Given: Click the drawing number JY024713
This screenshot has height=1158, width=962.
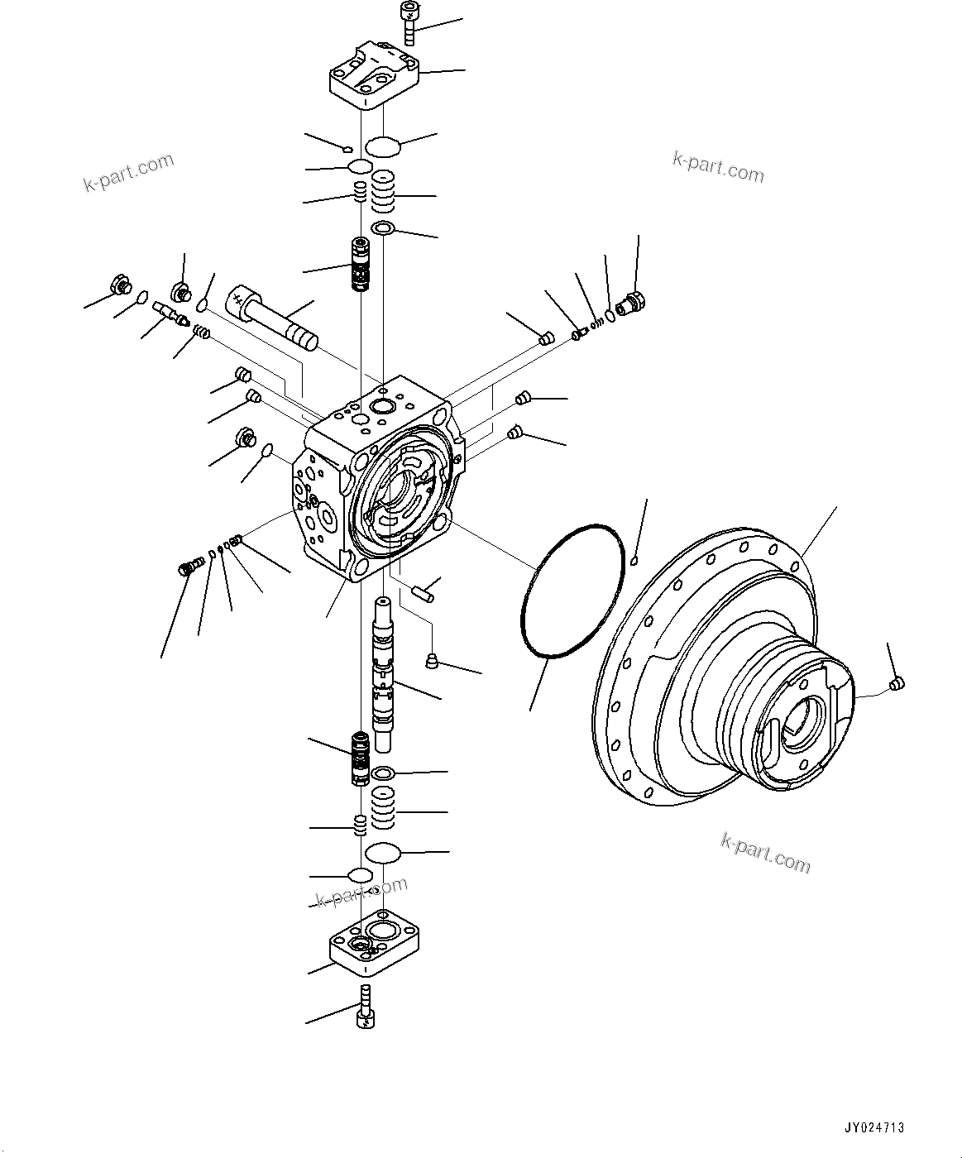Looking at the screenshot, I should point(874,1127).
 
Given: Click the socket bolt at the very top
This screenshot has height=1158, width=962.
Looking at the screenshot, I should point(408,22).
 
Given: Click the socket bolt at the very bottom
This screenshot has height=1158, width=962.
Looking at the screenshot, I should point(366,1007).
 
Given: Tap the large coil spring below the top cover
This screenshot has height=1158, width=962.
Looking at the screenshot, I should point(382,195).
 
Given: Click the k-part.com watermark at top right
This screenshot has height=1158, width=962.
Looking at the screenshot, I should point(717,166).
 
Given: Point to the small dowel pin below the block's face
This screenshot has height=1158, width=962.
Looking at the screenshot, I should point(421,593).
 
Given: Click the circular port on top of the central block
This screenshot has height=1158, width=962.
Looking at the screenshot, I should point(383,406).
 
